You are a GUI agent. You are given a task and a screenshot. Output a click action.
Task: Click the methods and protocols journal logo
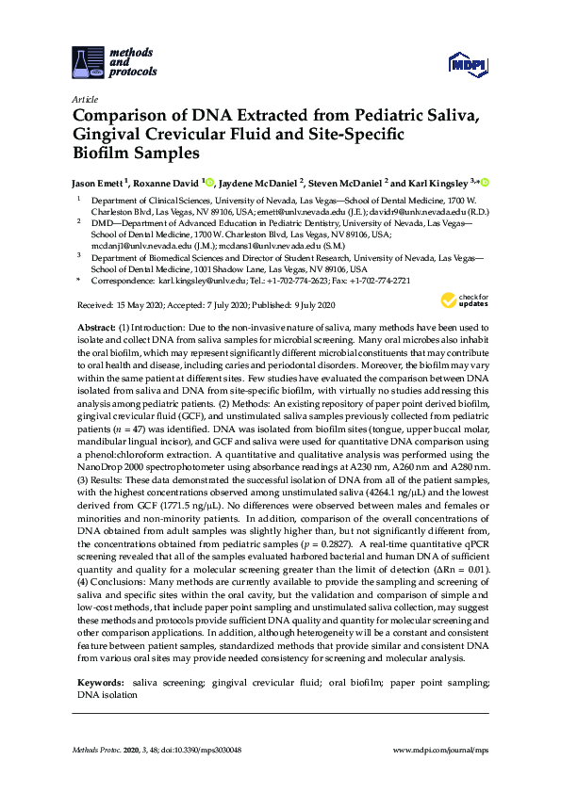click(x=114, y=59)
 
